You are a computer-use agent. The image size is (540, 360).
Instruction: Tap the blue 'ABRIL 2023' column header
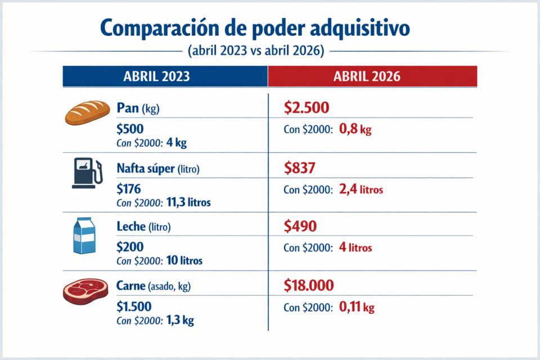165,76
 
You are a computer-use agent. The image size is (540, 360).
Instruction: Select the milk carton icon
84,236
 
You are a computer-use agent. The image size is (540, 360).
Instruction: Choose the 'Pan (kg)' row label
138,109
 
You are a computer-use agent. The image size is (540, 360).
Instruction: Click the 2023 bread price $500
130,129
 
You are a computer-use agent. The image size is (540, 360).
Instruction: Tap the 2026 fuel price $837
300,167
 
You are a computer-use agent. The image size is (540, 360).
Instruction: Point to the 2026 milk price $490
300,226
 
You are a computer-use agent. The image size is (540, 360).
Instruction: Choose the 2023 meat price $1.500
134,307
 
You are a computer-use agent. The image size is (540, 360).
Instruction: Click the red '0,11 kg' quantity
357,307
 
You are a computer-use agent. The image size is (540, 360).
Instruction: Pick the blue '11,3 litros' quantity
188,202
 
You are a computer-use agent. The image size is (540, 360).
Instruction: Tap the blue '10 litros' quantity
184,261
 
